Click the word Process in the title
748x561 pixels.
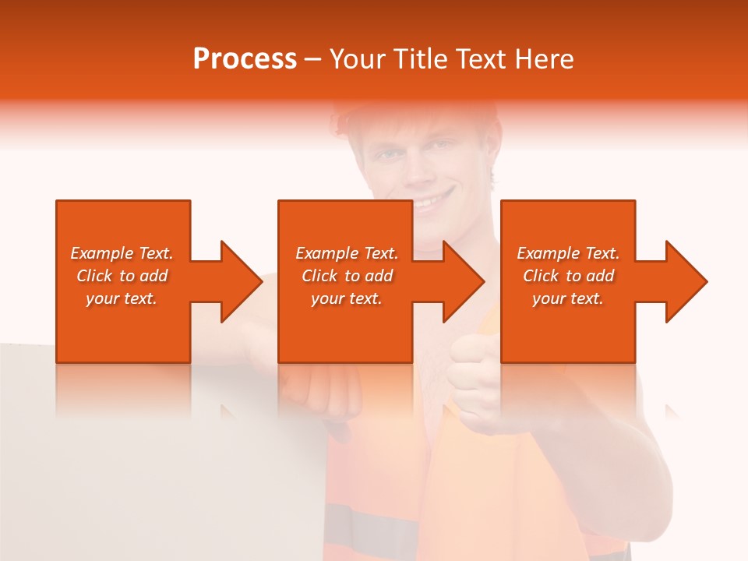tap(245, 59)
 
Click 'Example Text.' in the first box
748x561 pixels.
tap(122, 253)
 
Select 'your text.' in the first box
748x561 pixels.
tap(122, 298)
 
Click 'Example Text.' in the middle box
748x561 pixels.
tap(347, 253)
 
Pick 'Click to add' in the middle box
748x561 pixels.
tap(347, 276)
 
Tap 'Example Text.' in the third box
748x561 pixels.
tap(568, 253)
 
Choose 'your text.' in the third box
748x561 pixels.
tap(568, 298)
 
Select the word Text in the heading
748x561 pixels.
tap(482, 59)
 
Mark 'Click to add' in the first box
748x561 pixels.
tap(122, 276)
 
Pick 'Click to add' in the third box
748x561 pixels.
tap(568, 276)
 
